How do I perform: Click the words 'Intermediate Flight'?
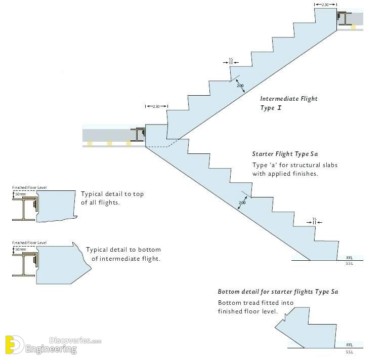pyautogui.click(x=289, y=99)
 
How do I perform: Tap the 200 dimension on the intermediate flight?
pyautogui.click(x=240, y=86)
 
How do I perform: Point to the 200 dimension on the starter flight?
pyautogui.click(x=242, y=203)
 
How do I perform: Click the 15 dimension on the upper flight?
pyautogui.click(x=231, y=60)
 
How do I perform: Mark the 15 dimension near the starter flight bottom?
pyautogui.click(x=314, y=219)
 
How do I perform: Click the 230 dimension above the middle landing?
pyautogui.click(x=156, y=106)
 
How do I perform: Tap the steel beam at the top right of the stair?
pyautogui.click(x=346, y=19)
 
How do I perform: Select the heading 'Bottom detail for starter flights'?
pyautogui.click(x=278, y=292)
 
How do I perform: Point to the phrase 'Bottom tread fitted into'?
pyautogui.click(x=255, y=303)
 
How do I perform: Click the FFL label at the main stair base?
pyautogui.click(x=350, y=258)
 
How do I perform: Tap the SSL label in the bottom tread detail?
pyautogui.click(x=350, y=351)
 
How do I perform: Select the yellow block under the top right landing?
pyautogui.click(x=353, y=27)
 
